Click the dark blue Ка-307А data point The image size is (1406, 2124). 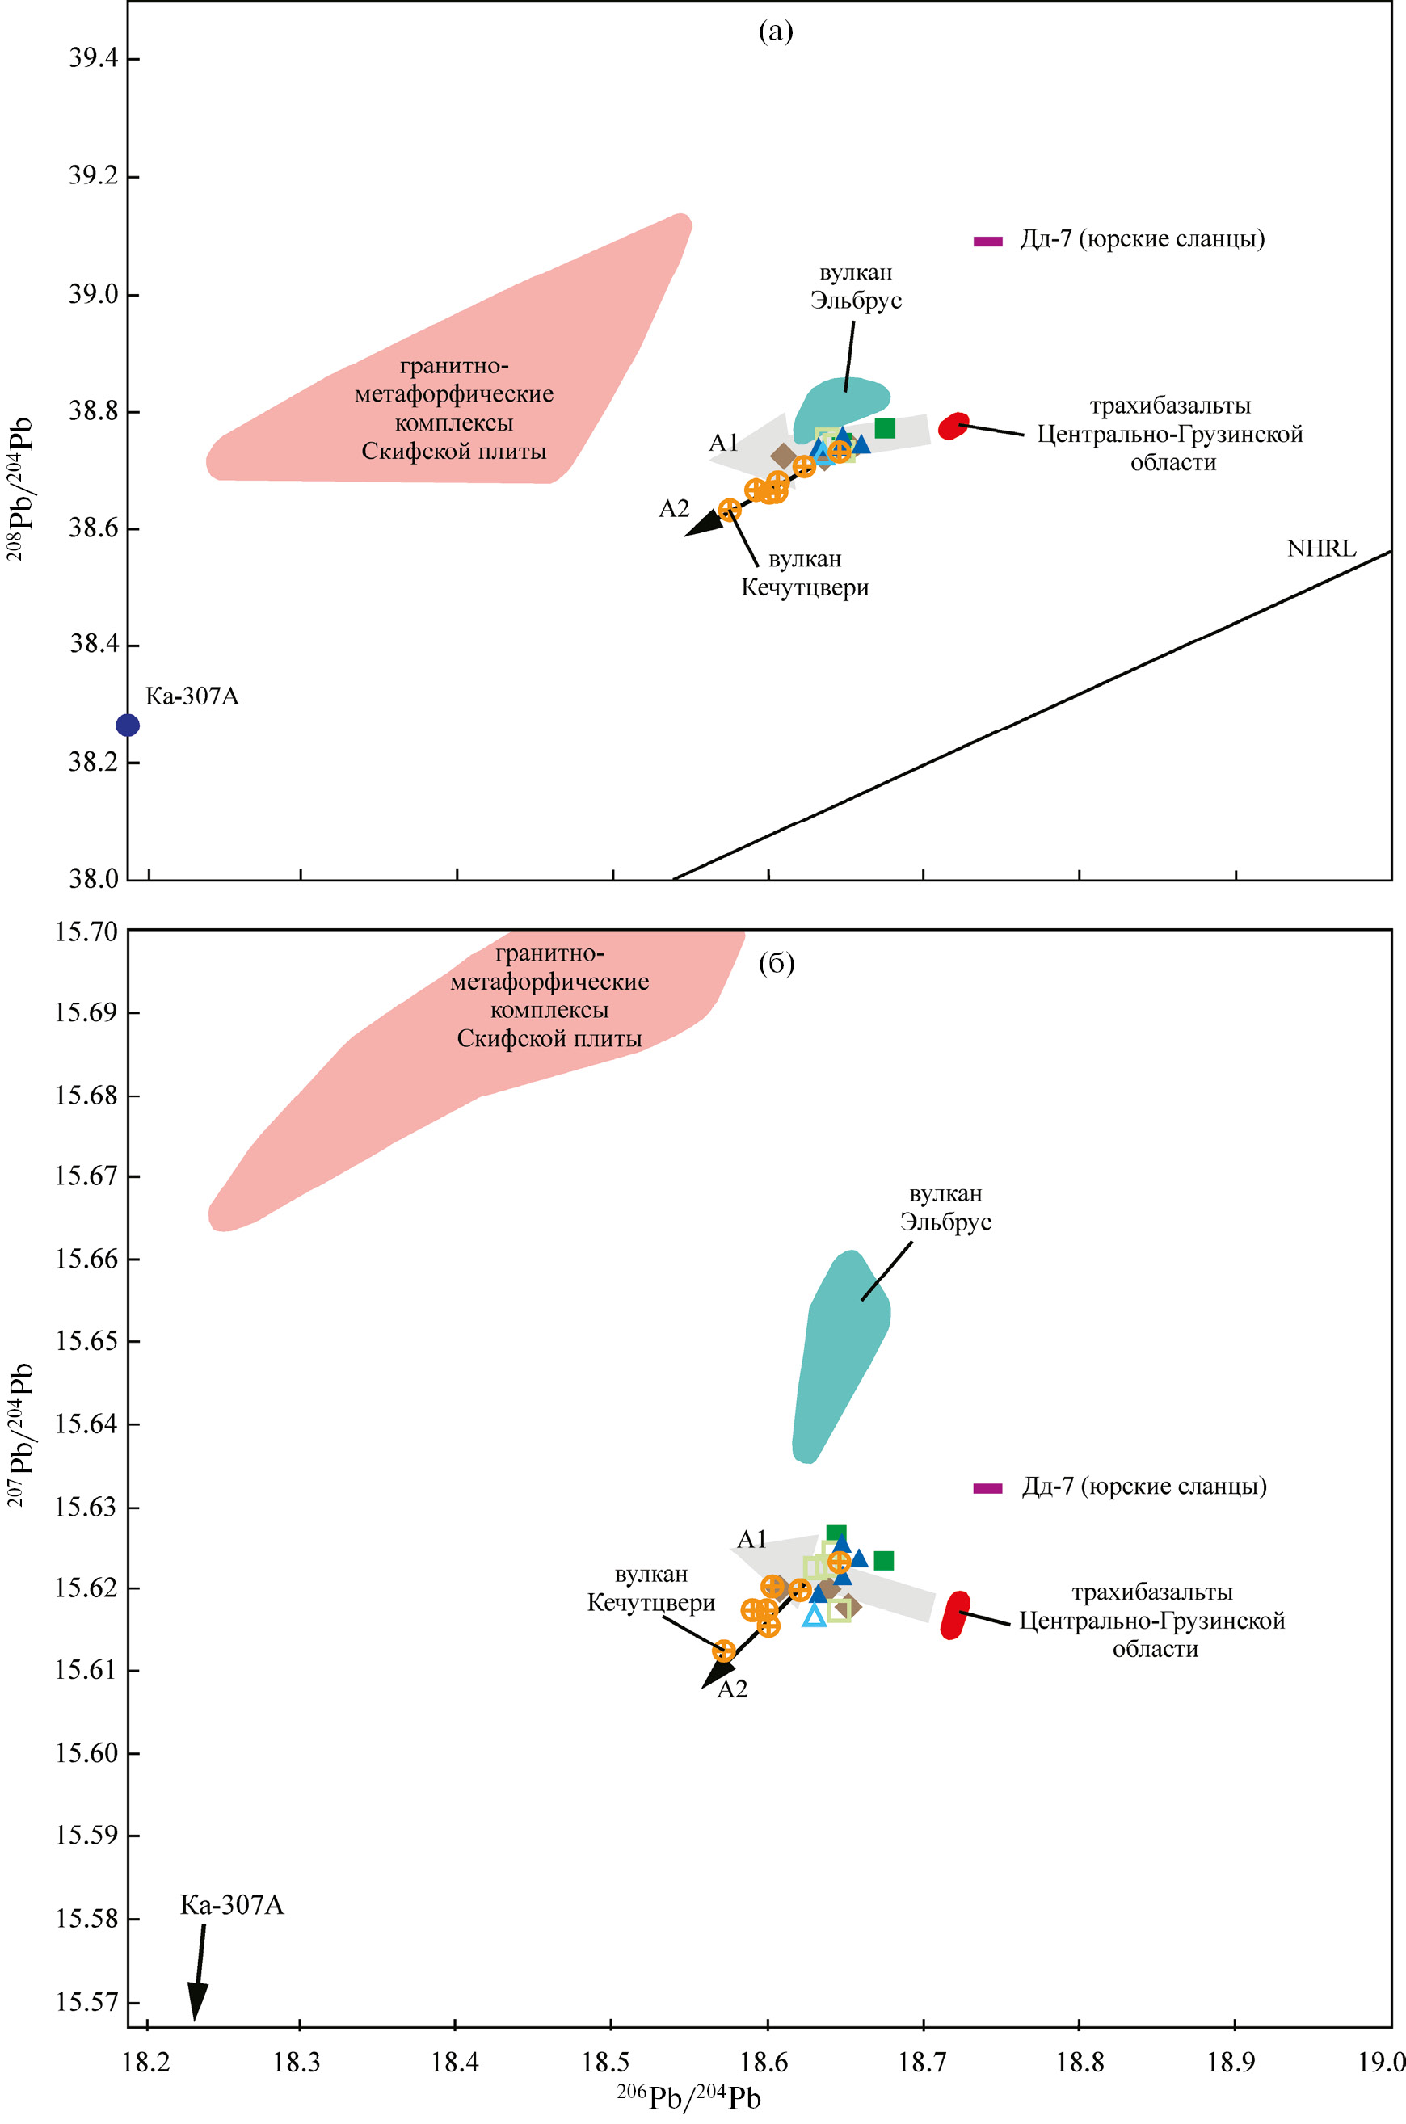[x=128, y=726]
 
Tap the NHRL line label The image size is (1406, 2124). [x=1321, y=549]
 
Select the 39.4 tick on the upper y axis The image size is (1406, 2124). [x=93, y=58]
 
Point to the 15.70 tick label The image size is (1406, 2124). [x=86, y=932]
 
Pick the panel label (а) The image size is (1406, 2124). [x=776, y=32]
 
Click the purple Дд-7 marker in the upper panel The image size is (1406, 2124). [x=987, y=242]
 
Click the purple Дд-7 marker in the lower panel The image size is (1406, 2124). [x=987, y=1488]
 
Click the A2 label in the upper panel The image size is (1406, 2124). [x=674, y=509]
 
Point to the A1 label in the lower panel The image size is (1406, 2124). [x=751, y=1539]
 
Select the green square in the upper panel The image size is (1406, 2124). [x=884, y=428]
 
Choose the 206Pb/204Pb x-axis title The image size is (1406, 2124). [x=688, y=2099]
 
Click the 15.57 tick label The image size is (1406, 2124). [x=86, y=2002]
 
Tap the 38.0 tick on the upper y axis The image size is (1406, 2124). [x=93, y=879]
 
